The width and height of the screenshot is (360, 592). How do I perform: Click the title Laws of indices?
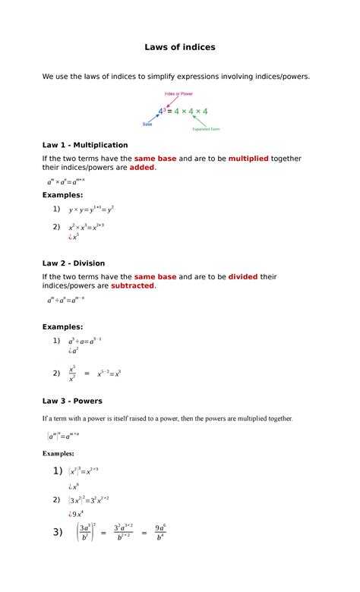tap(180, 47)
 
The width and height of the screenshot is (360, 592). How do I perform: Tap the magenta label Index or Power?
tap(178, 94)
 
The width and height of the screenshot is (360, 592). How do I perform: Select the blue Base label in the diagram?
tap(147, 124)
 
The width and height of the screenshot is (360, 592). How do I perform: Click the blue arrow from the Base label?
tap(153, 118)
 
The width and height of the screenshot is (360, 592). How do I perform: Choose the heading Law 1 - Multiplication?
tap(85, 144)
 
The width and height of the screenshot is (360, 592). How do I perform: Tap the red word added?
tap(141, 167)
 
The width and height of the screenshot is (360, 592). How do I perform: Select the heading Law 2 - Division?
tap(74, 263)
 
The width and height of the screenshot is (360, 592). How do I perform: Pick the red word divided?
tap(242, 276)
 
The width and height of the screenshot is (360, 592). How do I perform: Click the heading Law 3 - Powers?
tap(72, 401)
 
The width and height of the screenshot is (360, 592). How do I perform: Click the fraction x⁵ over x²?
tap(72, 373)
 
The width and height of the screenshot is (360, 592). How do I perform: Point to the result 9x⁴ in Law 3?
tap(77, 515)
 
